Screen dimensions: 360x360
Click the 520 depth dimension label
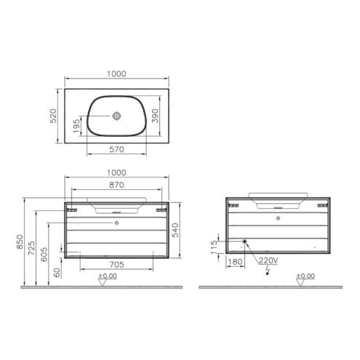click(53, 116)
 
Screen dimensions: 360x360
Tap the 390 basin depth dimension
click(155, 116)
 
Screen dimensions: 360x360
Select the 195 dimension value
click(76, 126)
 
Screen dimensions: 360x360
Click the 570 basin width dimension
click(116, 149)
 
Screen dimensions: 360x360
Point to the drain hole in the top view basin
click(116, 116)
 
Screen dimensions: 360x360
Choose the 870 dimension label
click(116, 185)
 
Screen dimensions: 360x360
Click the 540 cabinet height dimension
click(175, 230)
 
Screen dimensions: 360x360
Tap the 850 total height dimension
click(20, 241)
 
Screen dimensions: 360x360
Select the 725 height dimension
click(31, 248)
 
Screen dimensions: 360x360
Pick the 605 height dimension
click(44, 255)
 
